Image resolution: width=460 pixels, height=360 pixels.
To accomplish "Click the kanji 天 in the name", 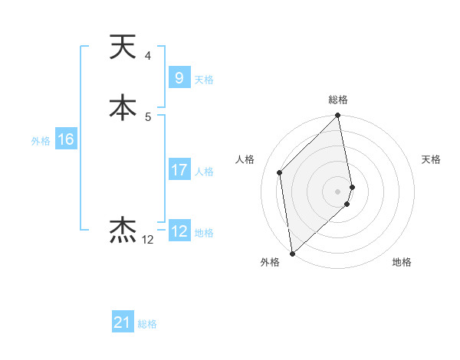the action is [123, 47].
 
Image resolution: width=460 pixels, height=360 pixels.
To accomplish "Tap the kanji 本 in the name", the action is [123, 107].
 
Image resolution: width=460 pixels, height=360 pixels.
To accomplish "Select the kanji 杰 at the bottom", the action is [123, 231].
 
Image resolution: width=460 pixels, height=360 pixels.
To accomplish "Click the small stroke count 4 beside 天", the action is [147, 56].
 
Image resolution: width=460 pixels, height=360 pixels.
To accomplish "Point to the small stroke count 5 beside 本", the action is [147, 116].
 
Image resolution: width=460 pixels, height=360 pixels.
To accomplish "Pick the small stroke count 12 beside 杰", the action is [147, 240].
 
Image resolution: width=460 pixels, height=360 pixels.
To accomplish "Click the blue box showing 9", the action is [179, 78].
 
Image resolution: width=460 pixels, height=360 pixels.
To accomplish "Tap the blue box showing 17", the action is [179, 170].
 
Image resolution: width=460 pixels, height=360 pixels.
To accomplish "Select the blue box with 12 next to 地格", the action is [179, 231].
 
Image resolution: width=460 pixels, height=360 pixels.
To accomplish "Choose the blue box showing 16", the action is [65, 139].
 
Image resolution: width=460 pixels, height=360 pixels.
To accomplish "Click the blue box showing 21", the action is [123, 322].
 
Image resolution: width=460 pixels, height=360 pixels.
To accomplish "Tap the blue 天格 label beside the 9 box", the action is [204, 80].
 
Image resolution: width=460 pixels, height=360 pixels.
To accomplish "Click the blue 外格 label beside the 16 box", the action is [41, 141].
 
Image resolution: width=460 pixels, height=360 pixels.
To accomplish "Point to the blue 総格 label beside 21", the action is [147, 324].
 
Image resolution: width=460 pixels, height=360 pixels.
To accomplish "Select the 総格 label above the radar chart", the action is [338, 100].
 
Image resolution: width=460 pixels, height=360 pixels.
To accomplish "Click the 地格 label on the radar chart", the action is [402, 262].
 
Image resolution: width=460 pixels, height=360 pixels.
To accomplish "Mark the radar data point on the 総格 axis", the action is [338, 116].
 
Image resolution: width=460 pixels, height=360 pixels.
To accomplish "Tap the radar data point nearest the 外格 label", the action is [292, 253].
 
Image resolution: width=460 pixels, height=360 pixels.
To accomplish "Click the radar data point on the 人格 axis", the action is [280, 172].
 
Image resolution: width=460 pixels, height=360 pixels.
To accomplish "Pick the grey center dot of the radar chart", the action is [338, 191].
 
